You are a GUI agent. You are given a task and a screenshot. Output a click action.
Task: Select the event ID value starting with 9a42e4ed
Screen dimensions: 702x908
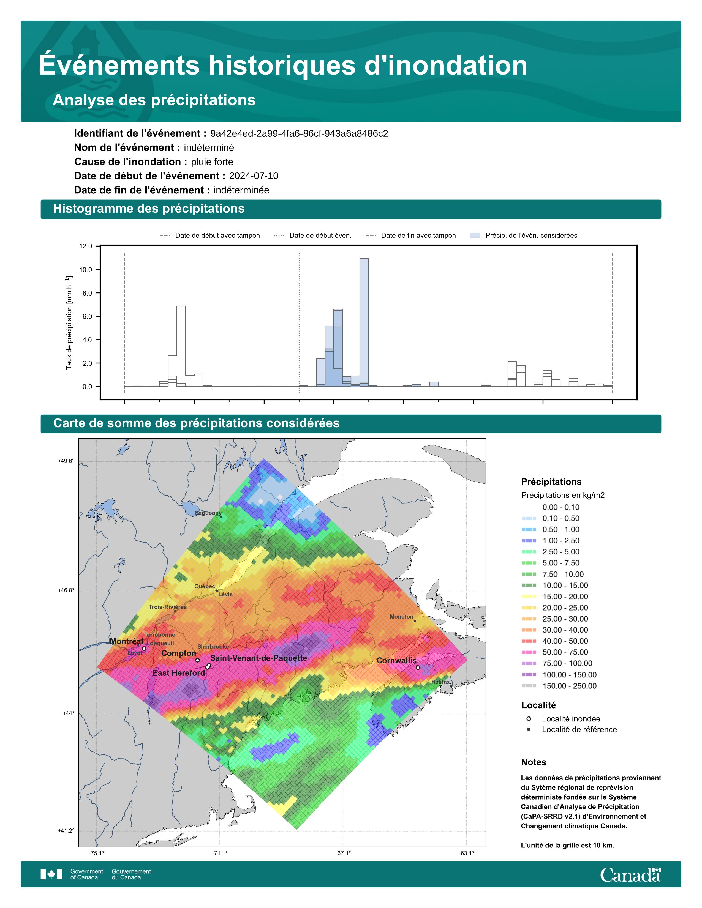point(299,133)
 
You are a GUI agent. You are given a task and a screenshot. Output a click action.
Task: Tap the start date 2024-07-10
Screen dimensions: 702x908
point(254,176)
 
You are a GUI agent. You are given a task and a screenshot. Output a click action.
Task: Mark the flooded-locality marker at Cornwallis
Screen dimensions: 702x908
point(418,668)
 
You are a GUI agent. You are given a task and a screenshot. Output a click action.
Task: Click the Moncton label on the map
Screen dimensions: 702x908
point(401,617)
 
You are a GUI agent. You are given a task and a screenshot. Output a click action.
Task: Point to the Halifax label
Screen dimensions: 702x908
point(440,682)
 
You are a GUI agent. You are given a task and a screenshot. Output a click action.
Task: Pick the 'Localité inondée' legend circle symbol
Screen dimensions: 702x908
point(529,719)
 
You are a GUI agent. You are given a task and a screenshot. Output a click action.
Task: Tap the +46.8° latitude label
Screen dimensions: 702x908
point(66,590)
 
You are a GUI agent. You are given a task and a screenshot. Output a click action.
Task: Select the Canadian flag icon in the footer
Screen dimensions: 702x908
point(51,874)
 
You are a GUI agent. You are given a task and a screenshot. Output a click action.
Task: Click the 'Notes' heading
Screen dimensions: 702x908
point(534,762)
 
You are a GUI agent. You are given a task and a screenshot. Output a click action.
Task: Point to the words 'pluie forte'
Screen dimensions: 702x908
point(212,162)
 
